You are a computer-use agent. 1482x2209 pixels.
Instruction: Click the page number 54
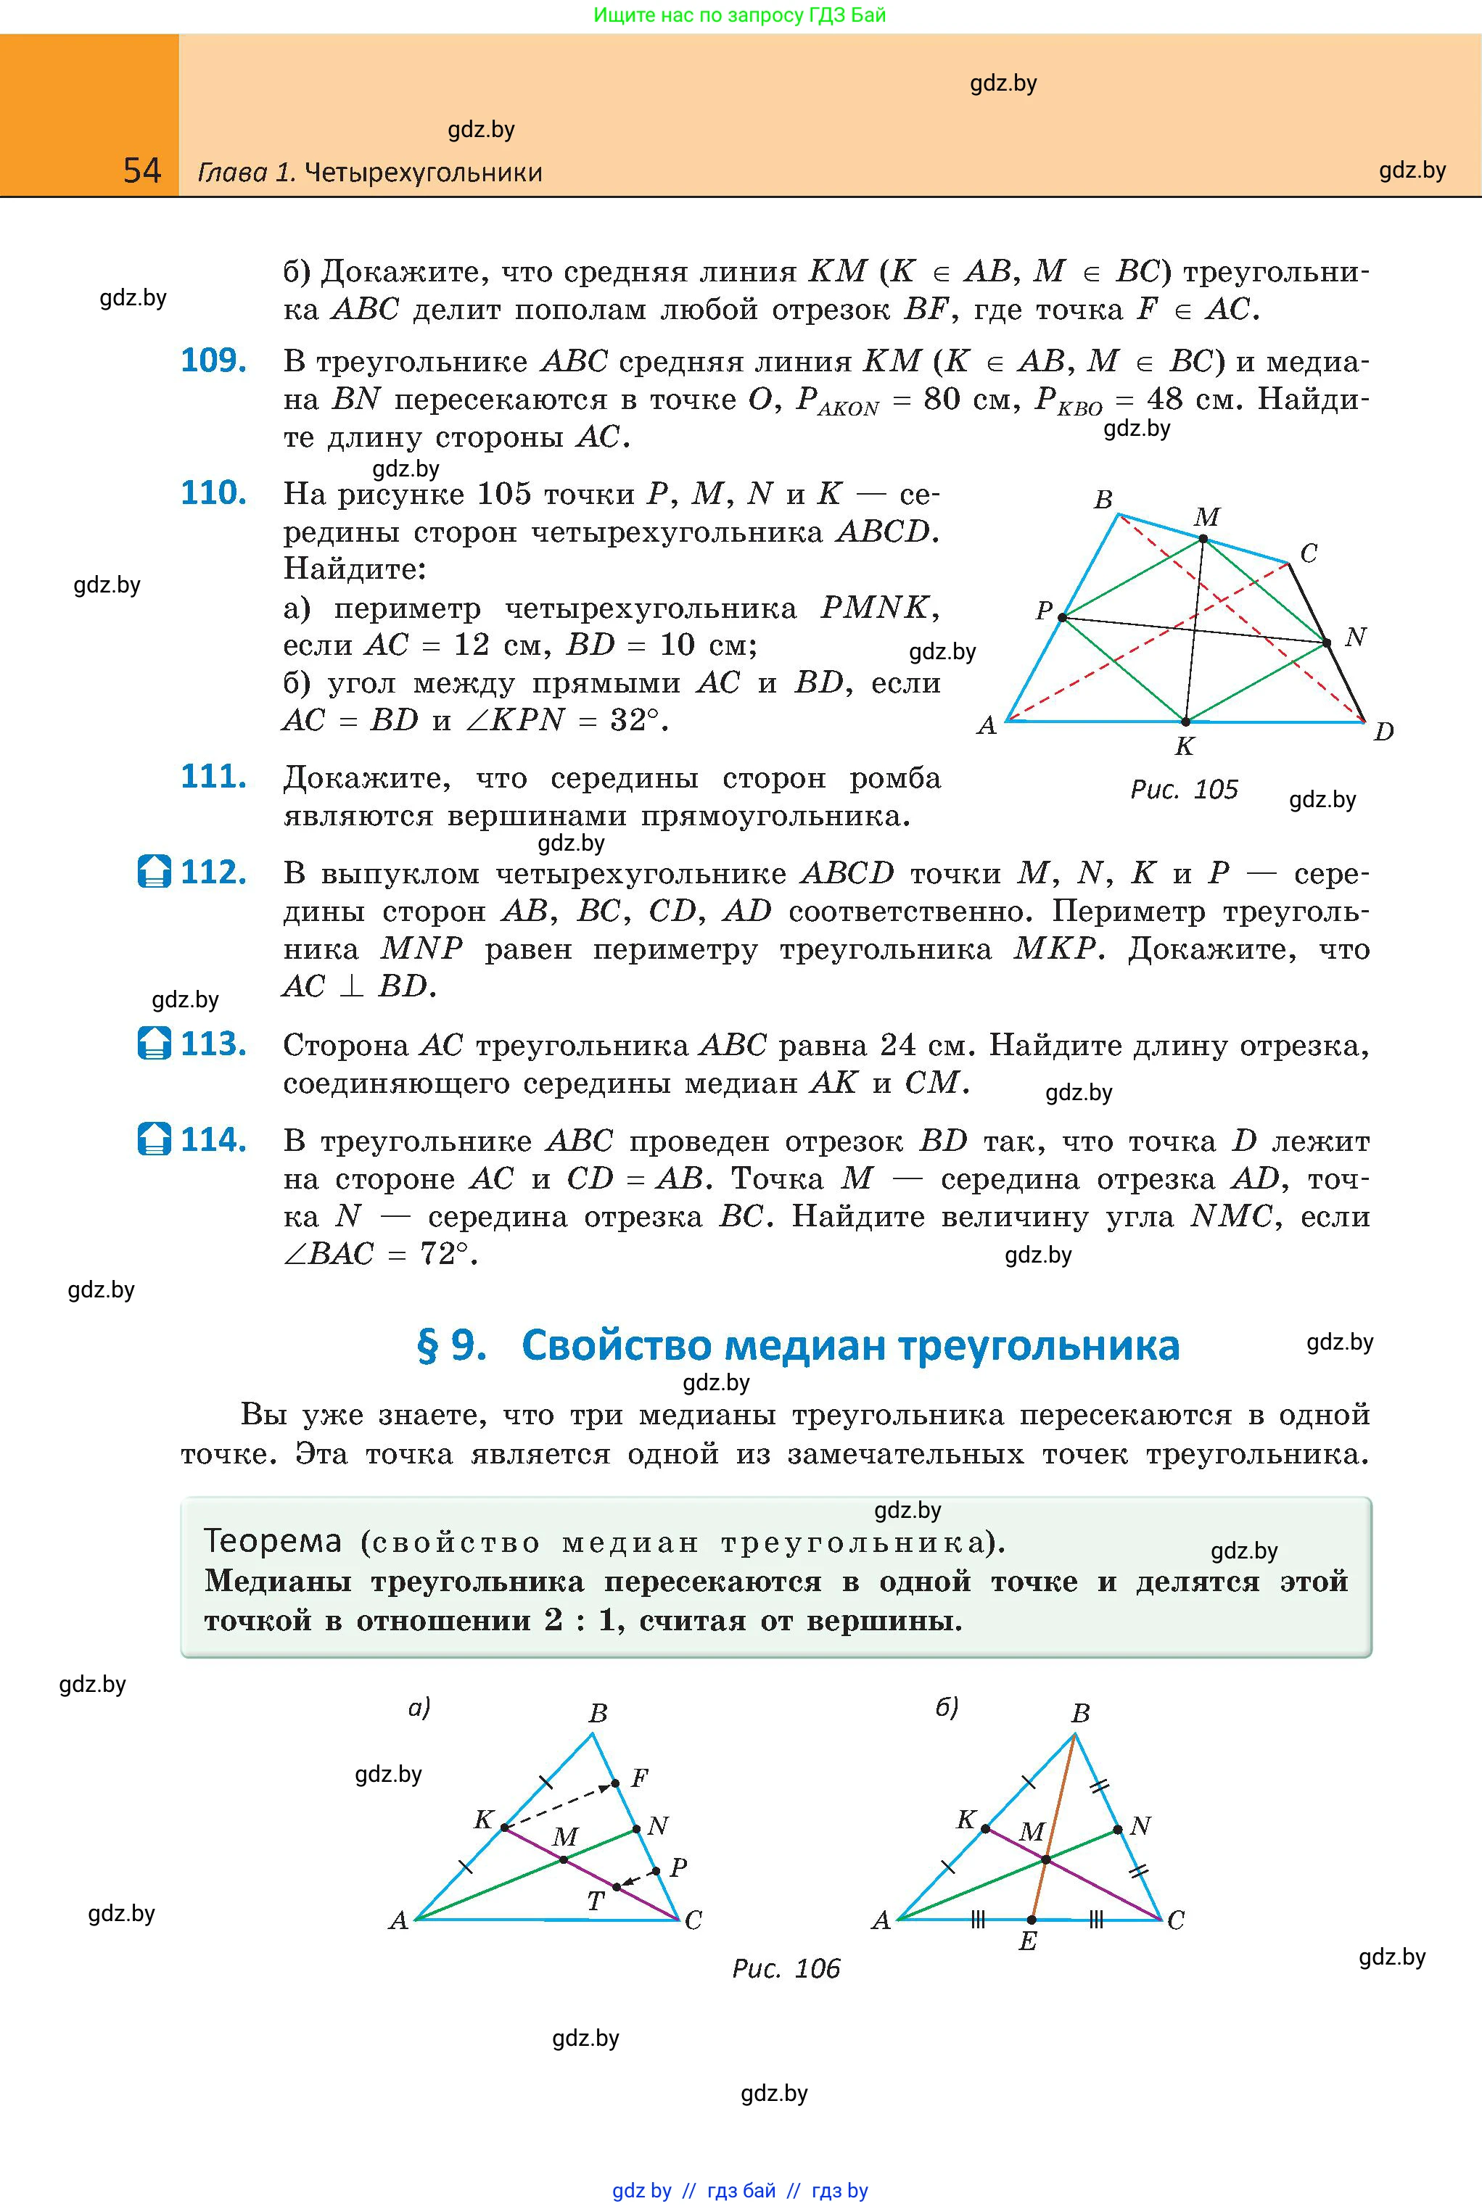click(141, 171)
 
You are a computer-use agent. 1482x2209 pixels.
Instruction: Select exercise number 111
click(213, 777)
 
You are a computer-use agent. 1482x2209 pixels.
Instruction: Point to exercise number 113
click(213, 1044)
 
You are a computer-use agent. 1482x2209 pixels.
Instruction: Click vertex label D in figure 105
click(1383, 731)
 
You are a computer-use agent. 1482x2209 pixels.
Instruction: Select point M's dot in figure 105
click(1203, 539)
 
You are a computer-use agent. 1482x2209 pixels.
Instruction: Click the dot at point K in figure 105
click(1186, 722)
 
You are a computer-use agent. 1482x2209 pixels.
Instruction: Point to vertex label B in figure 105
click(1103, 500)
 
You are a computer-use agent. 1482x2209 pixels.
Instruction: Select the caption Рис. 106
click(786, 1969)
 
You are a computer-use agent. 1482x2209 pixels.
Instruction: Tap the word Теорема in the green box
click(272, 1541)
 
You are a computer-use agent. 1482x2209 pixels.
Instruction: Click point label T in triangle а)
click(596, 1901)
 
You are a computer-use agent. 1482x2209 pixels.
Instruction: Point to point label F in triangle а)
click(640, 1778)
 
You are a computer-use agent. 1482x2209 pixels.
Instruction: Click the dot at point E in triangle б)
click(1032, 1920)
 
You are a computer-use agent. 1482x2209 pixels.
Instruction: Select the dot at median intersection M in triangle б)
click(1046, 1860)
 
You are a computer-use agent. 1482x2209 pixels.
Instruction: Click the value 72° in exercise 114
click(444, 1255)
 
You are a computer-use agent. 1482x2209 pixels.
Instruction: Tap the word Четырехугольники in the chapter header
click(424, 173)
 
